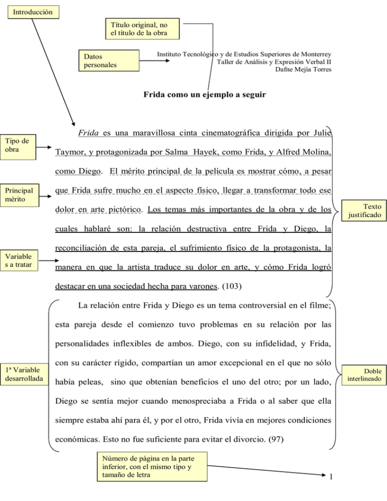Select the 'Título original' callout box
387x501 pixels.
click(x=144, y=29)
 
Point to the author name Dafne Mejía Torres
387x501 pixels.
click(x=303, y=69)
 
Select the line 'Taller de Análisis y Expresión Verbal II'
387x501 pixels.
click(x=274, y=61)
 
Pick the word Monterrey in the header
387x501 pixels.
click(x=315, y=53)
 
